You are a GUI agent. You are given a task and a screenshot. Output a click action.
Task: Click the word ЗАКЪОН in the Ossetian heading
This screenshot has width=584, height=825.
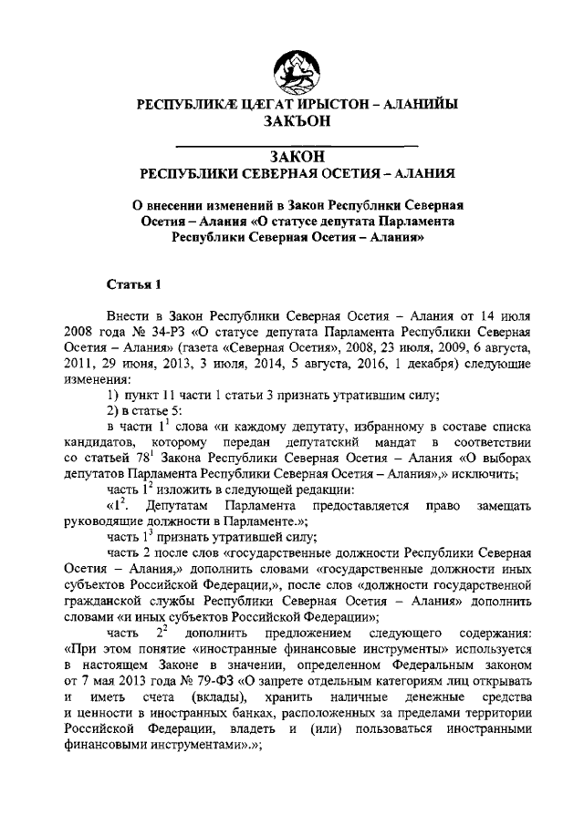coord(291,120)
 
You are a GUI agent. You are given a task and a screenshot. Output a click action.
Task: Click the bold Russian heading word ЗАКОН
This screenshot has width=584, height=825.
coord(291,158)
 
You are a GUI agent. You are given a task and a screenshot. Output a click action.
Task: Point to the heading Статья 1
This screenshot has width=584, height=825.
coord(133,283)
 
